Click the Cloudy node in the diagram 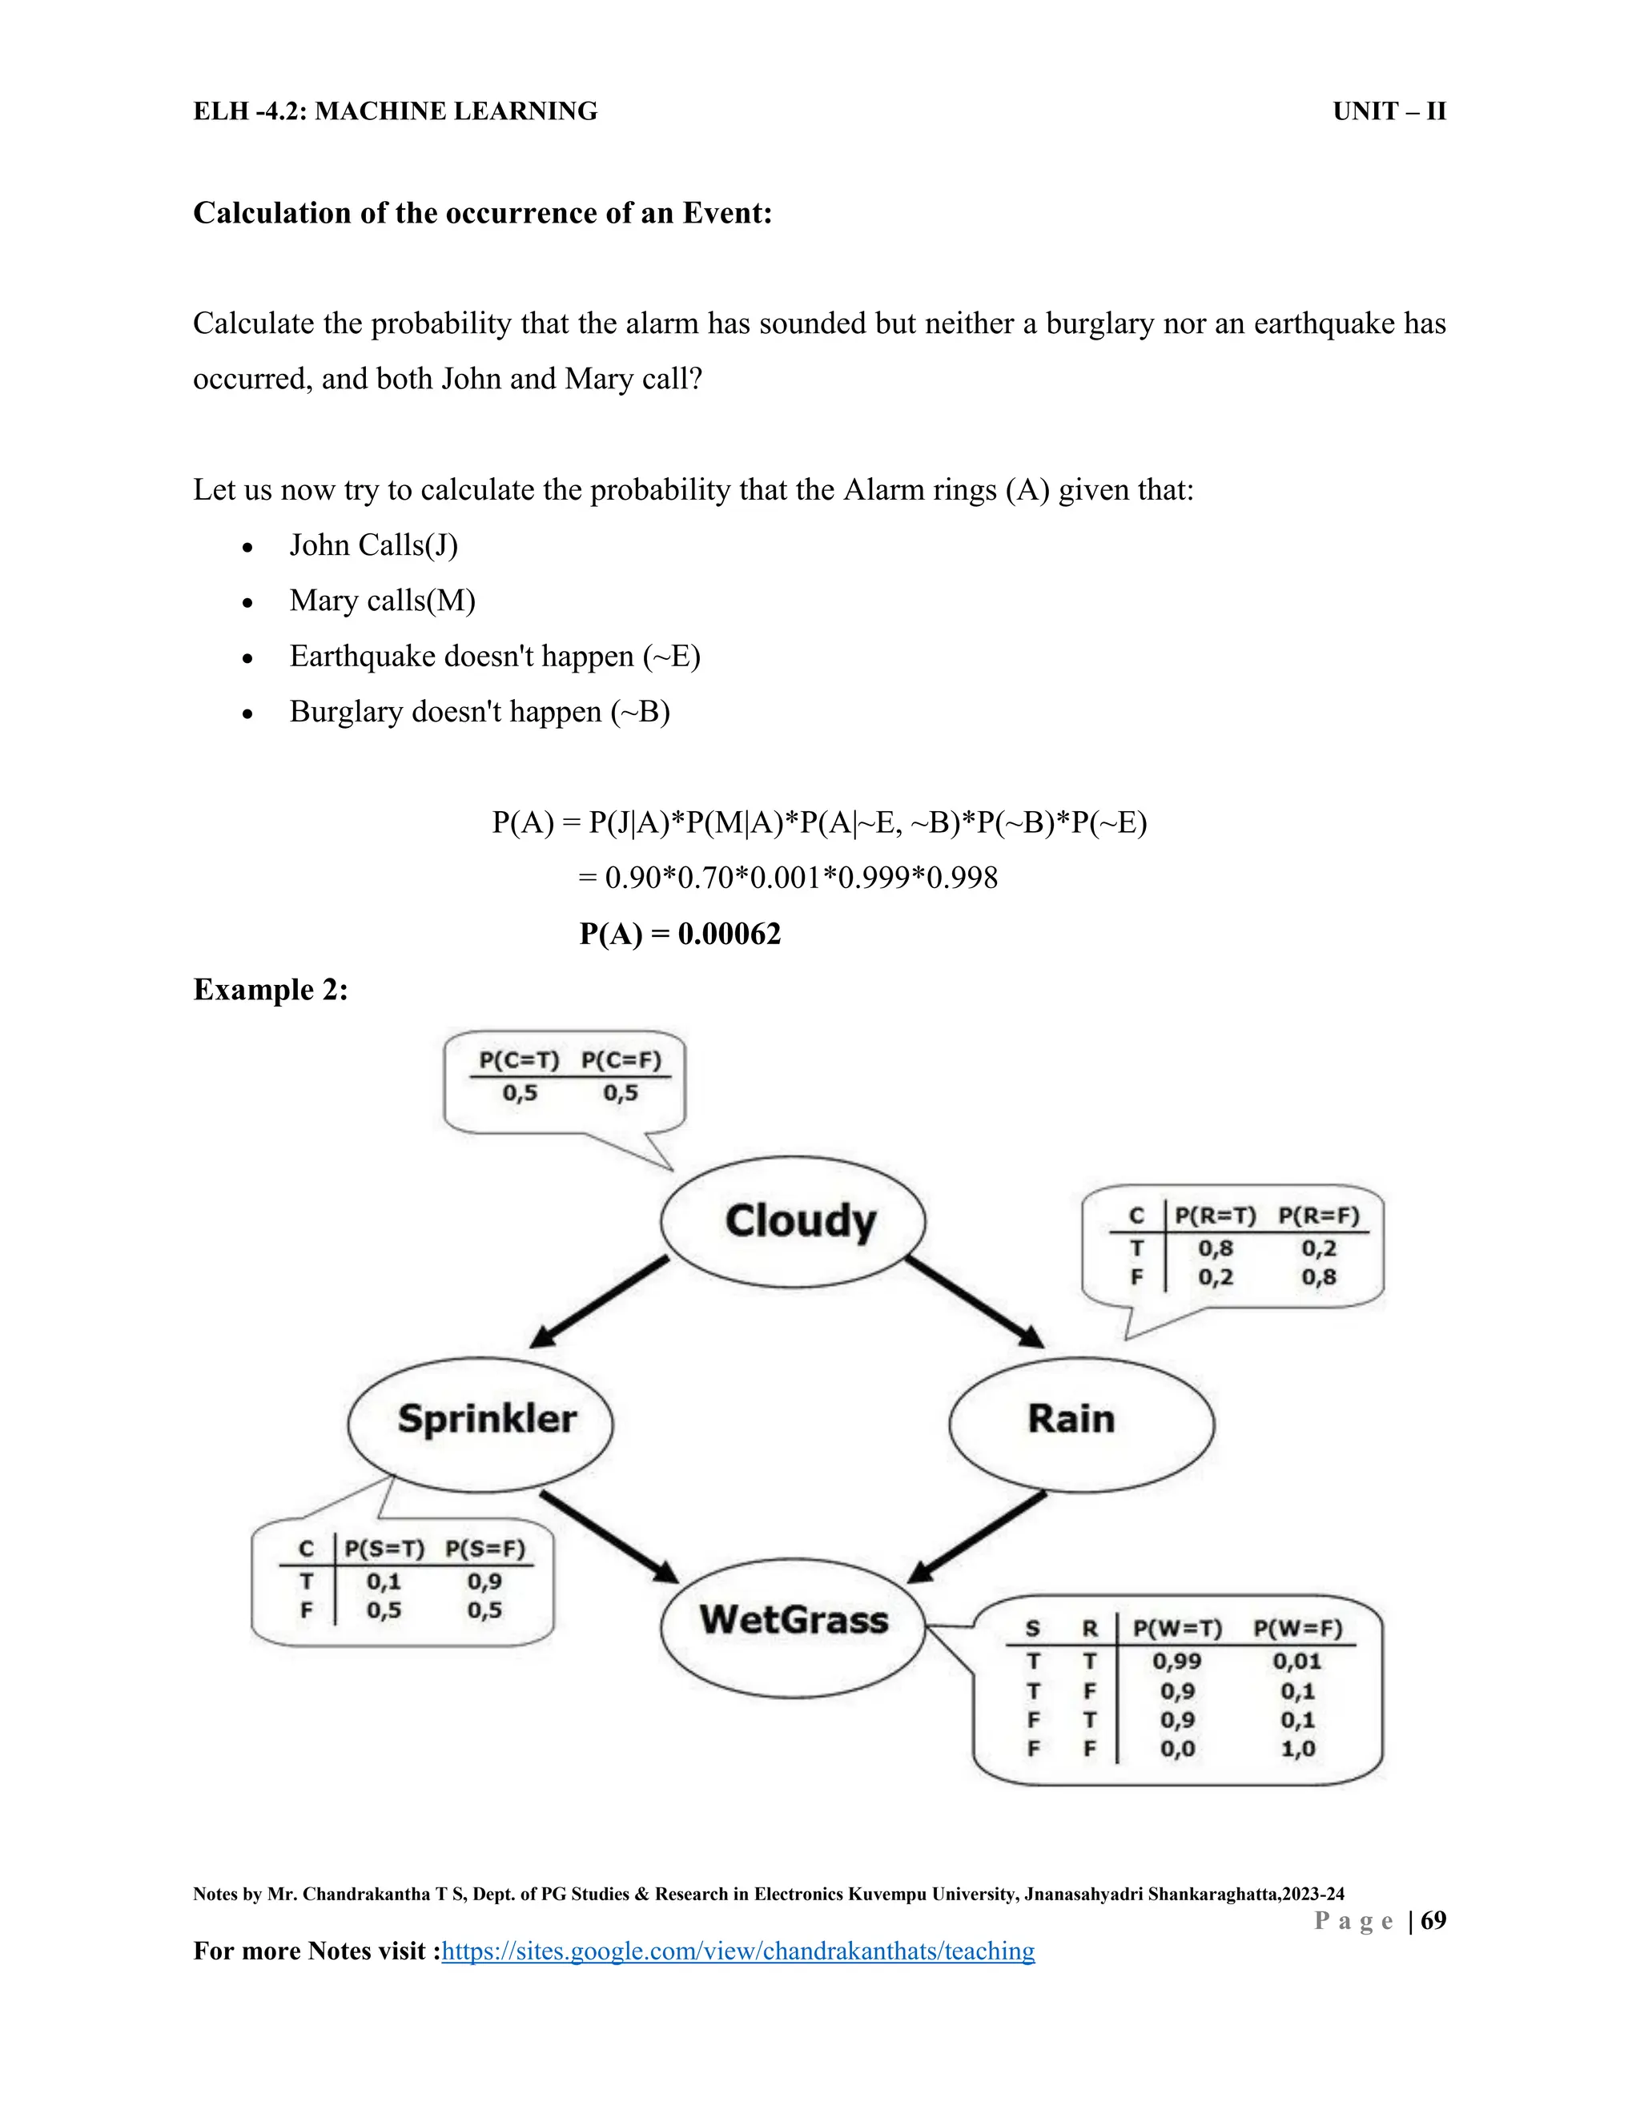click(x=793, y=1221)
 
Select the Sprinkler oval click(x=481, y=1421)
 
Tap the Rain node click(x=1081, y=1421)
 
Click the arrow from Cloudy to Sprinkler click(x=598, y=1302)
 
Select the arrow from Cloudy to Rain click(x=975, y=1302)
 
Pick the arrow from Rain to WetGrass click(x=976, y=1535)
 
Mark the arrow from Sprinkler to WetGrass click(x=609, y=1535)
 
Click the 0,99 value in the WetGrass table click(x=1176, y=1662)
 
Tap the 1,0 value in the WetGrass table click(x=1297, y=1749)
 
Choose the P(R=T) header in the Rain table click(x=1215, y=1216)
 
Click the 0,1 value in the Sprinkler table click(x=384, y=1581)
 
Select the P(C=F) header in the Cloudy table click(x=621, y=1060)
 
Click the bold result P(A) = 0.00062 click(x=680, y=934)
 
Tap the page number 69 click(x=1433, y=1920)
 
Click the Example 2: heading click(x=270, y=989)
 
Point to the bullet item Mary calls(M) click(x=382, y=601)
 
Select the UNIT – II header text click(x=1389, y=112)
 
